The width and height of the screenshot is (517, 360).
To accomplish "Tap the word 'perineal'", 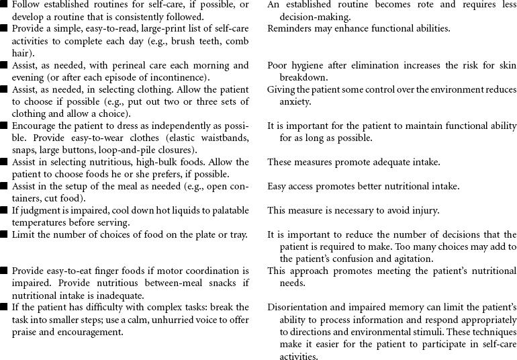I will pyautogui.click(x=132, y=65).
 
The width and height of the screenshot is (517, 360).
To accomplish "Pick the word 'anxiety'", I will pyautogui.click(x=295, y=101).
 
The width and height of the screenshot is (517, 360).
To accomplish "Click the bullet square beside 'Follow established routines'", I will pyautogui.click(x=5, y=5).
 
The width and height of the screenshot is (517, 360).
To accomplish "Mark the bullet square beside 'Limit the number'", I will pyautogui.click(x=5, y=235).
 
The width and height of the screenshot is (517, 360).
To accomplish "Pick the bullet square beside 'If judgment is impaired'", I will pyautogui.click(x=5, y=211).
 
